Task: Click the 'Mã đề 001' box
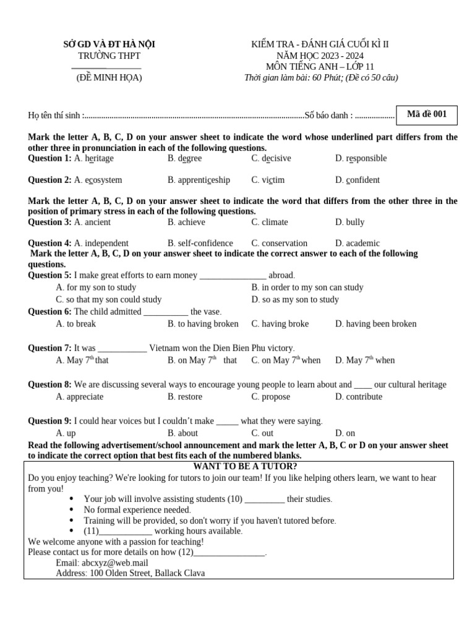[x=426, y=115]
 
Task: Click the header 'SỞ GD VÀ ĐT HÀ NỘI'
[x=109, y=44]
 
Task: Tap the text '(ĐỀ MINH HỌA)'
[x=109, y=78]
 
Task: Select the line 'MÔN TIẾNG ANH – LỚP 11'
[x=320, y=67]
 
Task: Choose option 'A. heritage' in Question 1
[x=93, y=158]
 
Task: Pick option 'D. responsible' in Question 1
[x=361, y=158]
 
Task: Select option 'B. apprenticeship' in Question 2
[x=199, y=180]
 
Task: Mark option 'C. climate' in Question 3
[x=269, y=222]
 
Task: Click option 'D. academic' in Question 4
[x=357, y=243]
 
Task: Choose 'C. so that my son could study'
[x=108, y=299]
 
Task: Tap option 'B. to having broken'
[x=203, y=323]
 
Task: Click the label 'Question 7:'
[x=49, y=348]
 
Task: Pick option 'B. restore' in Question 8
[x=185, y=396]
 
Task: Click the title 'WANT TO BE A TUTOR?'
[x=245, y=466]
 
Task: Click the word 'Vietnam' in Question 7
[x=164, y=348]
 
